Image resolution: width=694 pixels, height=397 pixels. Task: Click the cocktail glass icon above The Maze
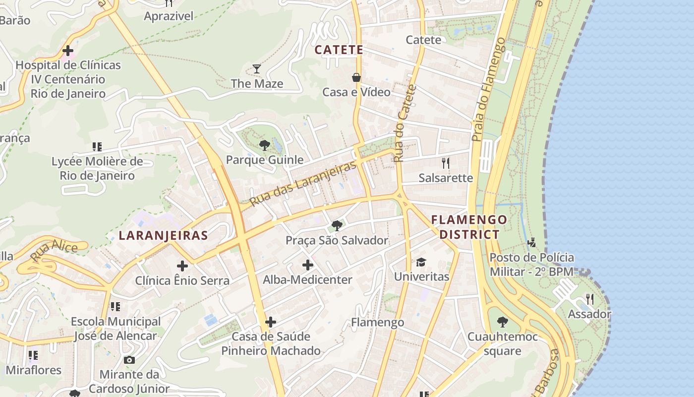pos(257,69)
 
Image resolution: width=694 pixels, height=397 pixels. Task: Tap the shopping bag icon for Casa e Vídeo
pos(356,77)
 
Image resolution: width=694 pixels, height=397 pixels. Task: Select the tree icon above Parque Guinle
pos(265,145)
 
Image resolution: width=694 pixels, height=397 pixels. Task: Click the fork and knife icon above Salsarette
pos(446,163)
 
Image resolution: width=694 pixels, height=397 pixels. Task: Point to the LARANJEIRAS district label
pos(163,235)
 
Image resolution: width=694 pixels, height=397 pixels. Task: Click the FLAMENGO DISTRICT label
pos(469,227)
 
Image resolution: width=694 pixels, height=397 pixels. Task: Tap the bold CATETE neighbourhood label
pos(339,50)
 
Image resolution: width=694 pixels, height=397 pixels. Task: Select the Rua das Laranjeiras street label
pos(303,184)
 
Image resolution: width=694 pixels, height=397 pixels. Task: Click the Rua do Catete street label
pos(405,124)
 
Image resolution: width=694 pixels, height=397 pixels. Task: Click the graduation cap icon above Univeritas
pos(421,262)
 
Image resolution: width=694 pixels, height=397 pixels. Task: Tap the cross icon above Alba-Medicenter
pos(307,265)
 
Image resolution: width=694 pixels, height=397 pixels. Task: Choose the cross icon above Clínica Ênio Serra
pos(182,266)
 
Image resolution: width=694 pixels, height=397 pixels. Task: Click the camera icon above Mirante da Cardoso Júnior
pos(129,360)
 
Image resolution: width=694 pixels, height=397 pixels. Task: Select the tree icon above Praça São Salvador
pos(337,226)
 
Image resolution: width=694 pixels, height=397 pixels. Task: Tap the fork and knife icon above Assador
pos(589,299)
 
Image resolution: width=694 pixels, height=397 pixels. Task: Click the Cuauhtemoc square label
pos(502,344)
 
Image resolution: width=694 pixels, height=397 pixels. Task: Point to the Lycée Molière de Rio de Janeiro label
pos(97,168)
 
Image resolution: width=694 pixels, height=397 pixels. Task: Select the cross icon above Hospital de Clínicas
pos(68,51)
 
